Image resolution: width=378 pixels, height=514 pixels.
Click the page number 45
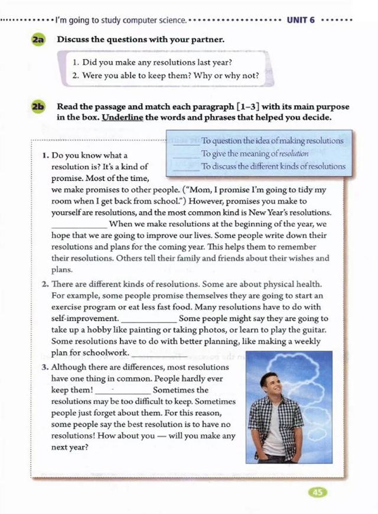click(317, 492)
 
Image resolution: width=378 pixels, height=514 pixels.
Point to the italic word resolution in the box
click(295, 154)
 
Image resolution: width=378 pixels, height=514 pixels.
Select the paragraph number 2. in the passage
click(45, 283)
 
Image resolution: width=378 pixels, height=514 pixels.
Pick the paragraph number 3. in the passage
click(45, 367)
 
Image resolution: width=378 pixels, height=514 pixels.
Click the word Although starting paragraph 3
click(70, 367)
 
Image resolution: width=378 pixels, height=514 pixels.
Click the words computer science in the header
click(158, 20)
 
